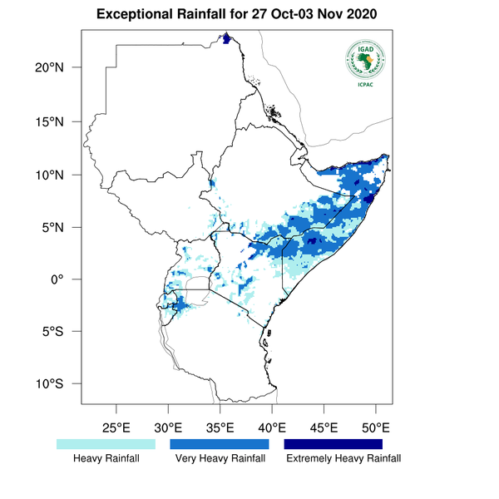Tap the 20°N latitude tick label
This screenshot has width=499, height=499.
(56, 67)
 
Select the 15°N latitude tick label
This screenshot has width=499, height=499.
(56, 121)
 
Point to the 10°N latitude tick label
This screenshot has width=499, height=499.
(56, 175)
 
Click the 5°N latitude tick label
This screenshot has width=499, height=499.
(59, 227)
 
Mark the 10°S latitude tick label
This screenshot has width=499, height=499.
(56, 384)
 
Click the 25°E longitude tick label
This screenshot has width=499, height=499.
(116, 428)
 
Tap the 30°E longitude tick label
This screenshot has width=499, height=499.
(168, 428)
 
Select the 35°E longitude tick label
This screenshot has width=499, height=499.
(220, 428)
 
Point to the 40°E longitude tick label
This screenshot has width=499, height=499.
(272, 428)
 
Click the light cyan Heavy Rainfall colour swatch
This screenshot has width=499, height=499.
(106, 445)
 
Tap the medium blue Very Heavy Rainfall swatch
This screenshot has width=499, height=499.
(220, 445)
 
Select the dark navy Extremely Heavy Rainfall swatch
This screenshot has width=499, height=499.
(333, 445)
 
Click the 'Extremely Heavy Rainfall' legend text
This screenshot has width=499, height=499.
(343, 458)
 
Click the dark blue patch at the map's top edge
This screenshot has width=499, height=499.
(225, 38)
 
